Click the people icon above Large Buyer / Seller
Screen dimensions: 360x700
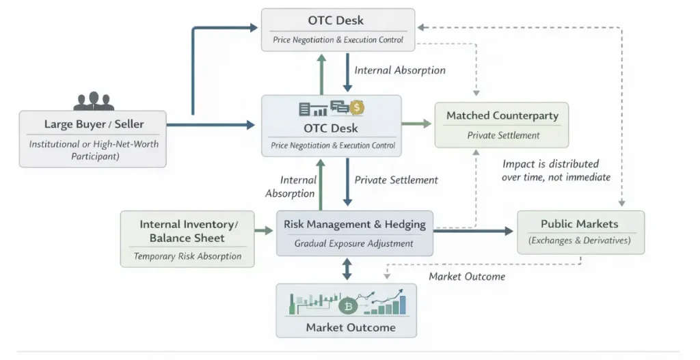point(94,101)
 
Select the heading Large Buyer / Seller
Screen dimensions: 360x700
point(94,124)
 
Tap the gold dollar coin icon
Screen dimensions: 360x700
point(357,108)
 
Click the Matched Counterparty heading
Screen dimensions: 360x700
point(502,115)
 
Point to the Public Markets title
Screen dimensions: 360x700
point(580,224)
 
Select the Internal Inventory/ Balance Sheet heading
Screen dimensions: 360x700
point(189,231)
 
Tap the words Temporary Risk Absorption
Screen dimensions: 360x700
point(187,256)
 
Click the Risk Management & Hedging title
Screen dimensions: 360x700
point(354,224)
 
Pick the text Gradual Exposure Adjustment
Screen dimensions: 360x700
point(354,243)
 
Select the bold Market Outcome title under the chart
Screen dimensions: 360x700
point(351,327)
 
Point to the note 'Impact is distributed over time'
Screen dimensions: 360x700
point(556,170)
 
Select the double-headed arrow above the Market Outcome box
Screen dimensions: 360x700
point(347,268)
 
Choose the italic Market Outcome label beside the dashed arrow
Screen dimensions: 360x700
point(467,276)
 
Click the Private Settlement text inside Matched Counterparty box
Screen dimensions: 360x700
point(503,135)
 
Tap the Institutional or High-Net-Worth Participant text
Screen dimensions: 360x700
point(93,150)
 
